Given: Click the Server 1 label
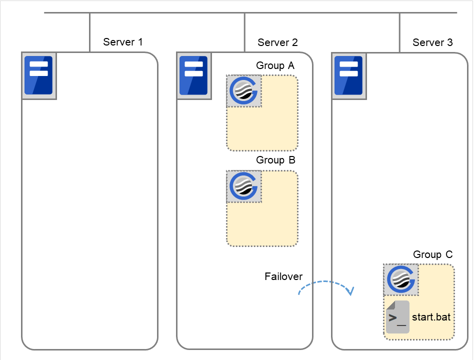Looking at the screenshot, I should point(122,42).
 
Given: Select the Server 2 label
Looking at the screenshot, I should point(277,42).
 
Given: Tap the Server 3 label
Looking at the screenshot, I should point(432,42).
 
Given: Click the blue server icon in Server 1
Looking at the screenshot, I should point(39,75).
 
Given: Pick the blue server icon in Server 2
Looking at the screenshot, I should point(193,75).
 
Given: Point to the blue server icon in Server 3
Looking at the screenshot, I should point(348,75).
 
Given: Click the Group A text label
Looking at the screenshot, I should point(275,65).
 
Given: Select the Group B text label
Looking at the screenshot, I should point(275,160).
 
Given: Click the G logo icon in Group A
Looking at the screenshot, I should point(244,91).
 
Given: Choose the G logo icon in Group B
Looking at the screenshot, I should point(244,186).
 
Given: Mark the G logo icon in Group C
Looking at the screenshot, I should point(401,280).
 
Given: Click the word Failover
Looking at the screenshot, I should point(283,276).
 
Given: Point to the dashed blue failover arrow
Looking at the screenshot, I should point(325,282).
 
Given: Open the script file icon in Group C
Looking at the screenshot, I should point(397,317).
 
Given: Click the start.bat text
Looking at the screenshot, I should point(431,317).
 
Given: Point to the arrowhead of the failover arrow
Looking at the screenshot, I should point(351,291).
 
